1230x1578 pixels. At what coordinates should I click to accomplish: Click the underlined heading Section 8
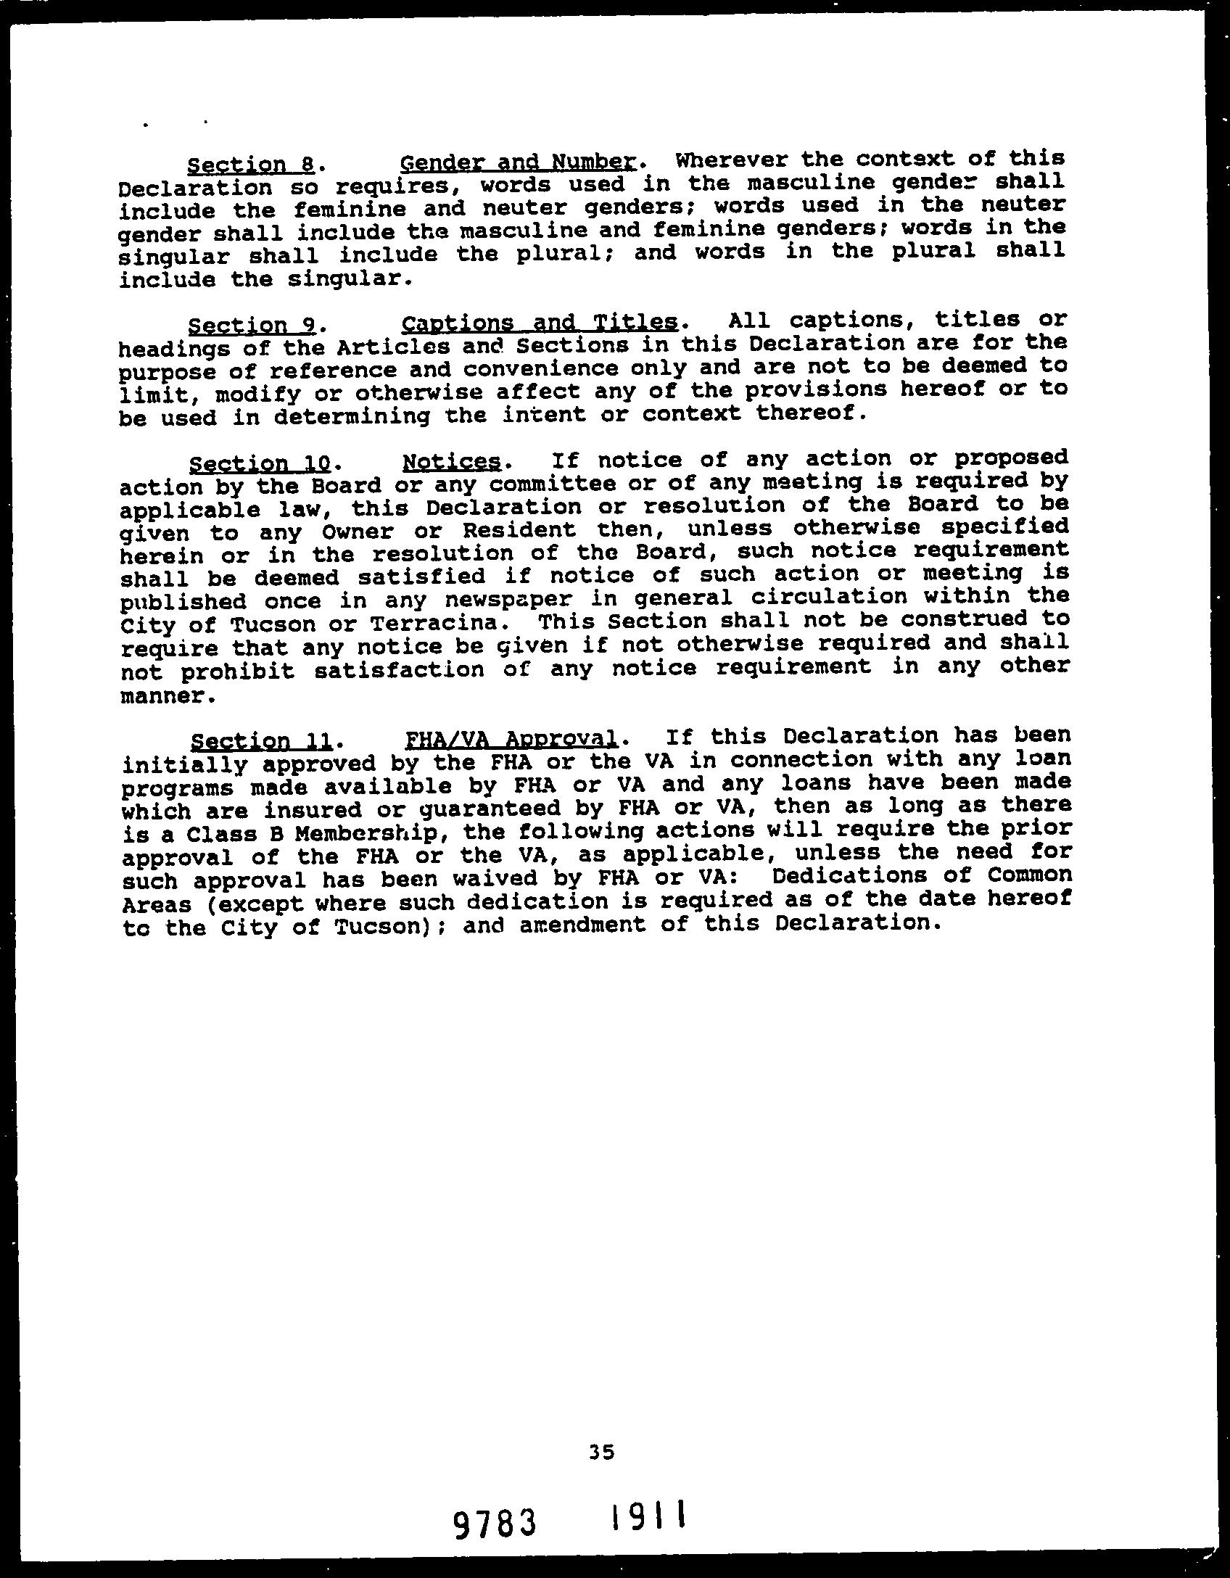coord(249,165)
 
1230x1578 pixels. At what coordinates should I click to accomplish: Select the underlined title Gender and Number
coord(518,162)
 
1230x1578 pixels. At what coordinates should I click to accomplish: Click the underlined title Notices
coord(451,461)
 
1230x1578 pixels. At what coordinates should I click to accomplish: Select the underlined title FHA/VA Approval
coord(510,739)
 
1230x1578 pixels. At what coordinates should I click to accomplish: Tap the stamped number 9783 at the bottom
coord(496,1524)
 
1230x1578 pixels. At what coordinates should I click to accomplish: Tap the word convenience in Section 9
coord(540,368)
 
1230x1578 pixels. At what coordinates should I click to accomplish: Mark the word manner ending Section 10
coord(168,696)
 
